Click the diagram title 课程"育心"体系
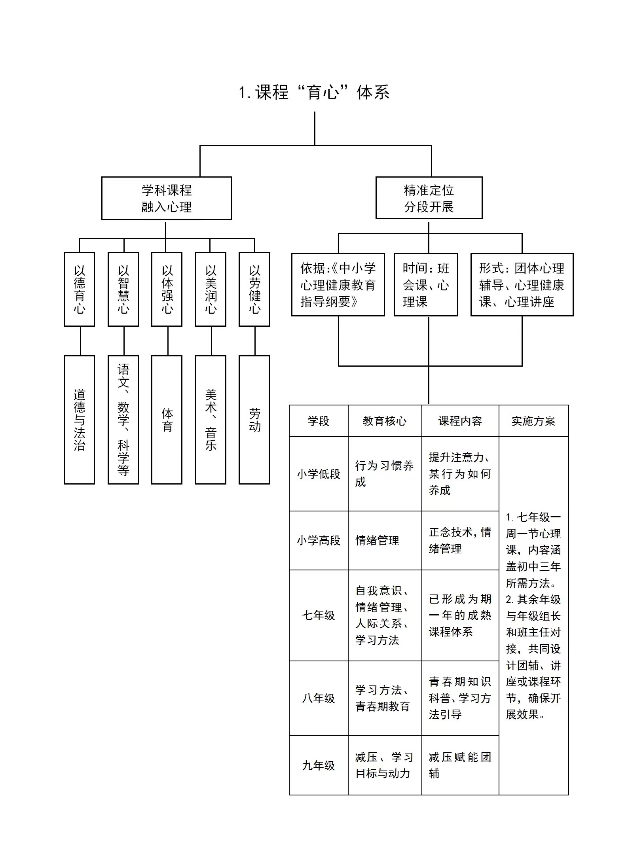click(x=314, y=93)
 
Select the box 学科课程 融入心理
click(x=166, y=198)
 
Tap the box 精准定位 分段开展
click(x=429, y=198)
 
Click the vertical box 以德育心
click(x=79, y=289)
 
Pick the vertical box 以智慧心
click(x=123, y=289)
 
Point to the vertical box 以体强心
click(x=167, y=289)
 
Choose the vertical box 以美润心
click(x=211, y=289)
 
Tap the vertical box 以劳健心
click(x=254, y=289)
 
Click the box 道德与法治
click(x=79, y=420)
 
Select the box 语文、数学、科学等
click(x=123, y=420)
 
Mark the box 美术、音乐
click(x=211, y=420)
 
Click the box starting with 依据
click(x=338, y=285)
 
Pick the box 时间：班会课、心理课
click(x=426, y=285)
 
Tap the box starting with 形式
click(x=522, y=285)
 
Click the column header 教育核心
click(x=385, y=421)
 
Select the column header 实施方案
click(x=533, y=421)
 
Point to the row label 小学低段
click(x=319, y=474)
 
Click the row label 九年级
click(x=319, y=765)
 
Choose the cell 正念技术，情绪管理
click(x=460, y=540)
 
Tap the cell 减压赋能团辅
click(x=460, y=765)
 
